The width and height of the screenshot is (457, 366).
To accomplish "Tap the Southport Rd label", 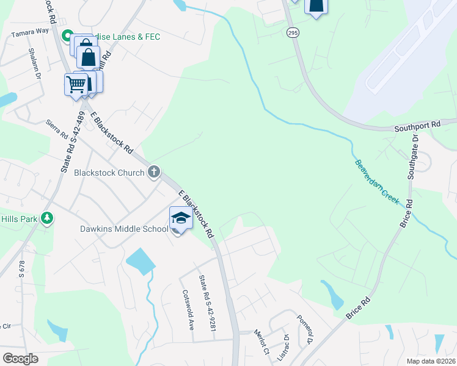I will coord(417,126).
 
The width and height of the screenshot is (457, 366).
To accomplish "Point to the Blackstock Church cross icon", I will coord(153,172).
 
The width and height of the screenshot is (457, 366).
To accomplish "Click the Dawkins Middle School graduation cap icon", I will coord(181,218).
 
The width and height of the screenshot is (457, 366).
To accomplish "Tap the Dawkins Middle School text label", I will coord(124,229).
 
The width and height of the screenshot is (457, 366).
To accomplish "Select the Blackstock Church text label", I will coord(109,173).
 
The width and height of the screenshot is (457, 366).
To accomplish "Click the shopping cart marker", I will coord(75,84).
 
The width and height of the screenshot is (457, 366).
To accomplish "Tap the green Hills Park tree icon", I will coord(47,218).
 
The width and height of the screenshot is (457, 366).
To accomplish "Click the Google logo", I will coord(20,359).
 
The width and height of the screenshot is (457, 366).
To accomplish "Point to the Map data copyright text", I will coord(431,361).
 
